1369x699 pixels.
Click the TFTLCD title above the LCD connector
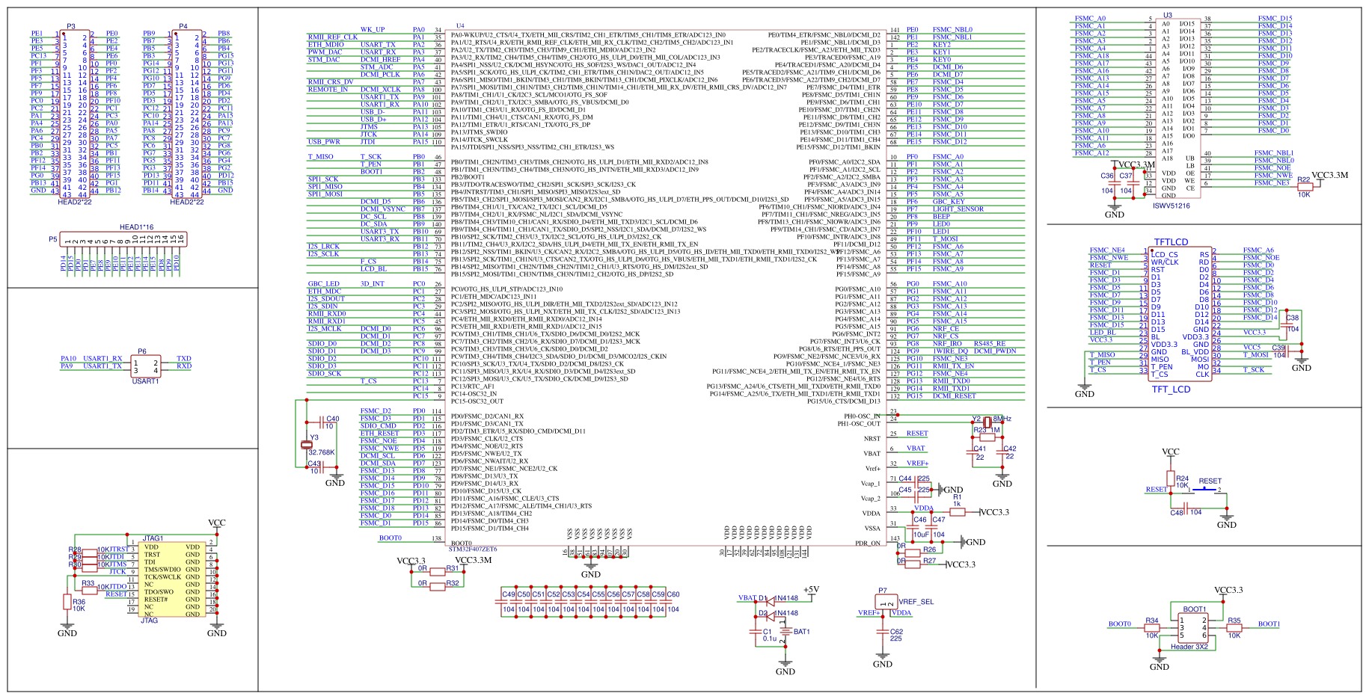tap(1171, 242)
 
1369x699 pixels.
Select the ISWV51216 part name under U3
tap(1171, 206)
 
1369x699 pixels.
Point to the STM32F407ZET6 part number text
tap(473, 549)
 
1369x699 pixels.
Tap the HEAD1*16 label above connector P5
tap(136, 227)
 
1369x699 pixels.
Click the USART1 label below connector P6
tap(146, 381)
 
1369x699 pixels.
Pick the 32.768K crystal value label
tap(322, 452)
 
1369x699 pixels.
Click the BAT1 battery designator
tap(802, 632)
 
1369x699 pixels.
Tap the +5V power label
tap(811, 589)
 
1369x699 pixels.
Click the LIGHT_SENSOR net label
tap(958, 209)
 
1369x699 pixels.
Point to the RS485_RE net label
tap(990, 344)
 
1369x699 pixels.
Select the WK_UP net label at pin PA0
tap(373, 30)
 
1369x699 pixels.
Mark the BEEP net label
tap(941, 217)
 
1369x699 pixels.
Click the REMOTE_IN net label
tap(328, 90)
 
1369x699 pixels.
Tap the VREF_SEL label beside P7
tap(916, 602)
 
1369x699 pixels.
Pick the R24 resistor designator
tap(1182, 478)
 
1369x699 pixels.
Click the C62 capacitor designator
tap(896, 632)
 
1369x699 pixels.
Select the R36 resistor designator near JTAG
tap(79, 602)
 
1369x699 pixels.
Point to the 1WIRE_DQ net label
tap(949, 351)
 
